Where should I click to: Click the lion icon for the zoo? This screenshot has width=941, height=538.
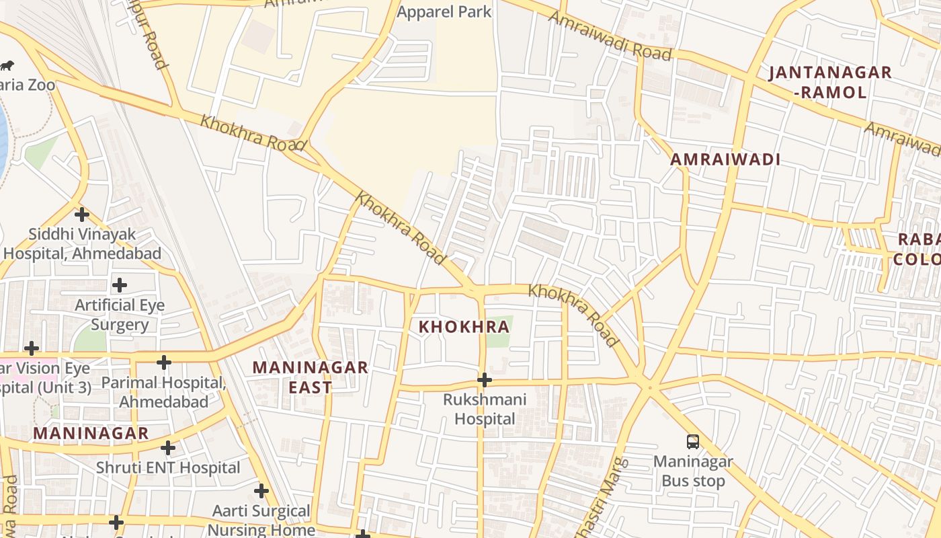click(x=7, y=65)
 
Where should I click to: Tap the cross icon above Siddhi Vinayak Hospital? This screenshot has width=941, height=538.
click(x=82, y=215)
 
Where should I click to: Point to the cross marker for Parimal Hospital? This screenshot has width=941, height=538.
click(x=163, y=362)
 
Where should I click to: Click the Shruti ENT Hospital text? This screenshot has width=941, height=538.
click(x=168, y=467)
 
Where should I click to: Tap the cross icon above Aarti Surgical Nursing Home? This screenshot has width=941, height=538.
click(x=261, y=491)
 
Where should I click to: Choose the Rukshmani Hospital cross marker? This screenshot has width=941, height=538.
click(x=484, y=380)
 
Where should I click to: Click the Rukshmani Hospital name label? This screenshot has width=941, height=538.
click(x=484, y=409)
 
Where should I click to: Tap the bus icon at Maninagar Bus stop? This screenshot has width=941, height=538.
click(x=693, y=442)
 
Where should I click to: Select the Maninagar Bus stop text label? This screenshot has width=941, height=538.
click(x=693, y=471)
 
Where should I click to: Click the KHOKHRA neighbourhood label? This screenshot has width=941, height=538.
click(x=464, y=328)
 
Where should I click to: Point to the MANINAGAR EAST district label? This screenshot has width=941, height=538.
click(x=310, y=377)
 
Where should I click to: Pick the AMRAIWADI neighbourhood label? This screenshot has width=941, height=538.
click(x=725, y=160)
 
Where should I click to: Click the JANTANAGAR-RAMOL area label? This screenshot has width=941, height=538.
click(x=830, y=82)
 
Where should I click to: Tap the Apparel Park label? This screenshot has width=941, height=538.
click(x=444, y=11)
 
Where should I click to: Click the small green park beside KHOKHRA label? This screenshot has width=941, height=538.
click(x=499, y=332)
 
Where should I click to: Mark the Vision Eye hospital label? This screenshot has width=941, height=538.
click(x=44, y=378)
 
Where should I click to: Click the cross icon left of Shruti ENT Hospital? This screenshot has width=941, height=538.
click(x=168, y=448)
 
